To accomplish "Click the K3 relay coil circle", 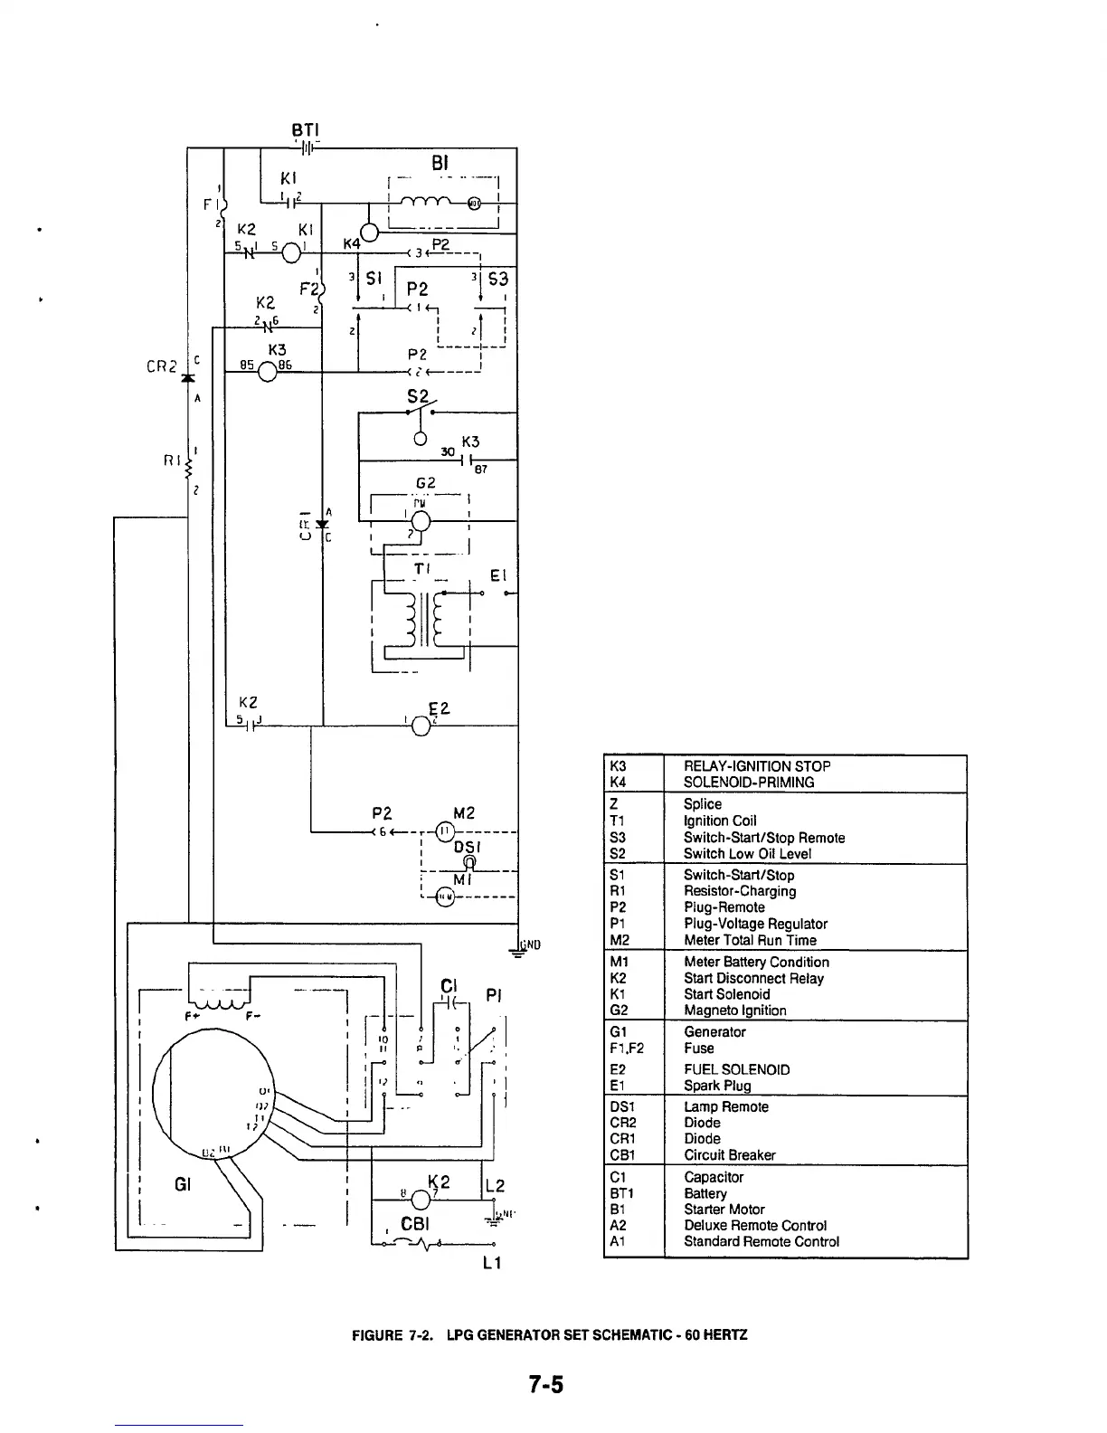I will coord(268,372).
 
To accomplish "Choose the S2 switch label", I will coord(418,395).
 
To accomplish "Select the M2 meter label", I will coord(464,812).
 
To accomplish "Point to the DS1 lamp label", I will coord(466,847).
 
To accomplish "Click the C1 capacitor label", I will coord(450,985).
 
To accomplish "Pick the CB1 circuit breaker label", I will coord(414,1224).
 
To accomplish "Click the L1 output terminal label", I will coord(492,1263).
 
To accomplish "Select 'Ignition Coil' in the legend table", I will coord(720,821).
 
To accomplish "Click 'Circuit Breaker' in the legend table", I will coord(729,1155).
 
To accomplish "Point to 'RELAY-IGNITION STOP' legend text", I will coord(757,766).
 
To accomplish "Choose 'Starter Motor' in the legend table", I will coord(724,1210).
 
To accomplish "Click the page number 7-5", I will coord(546,1384).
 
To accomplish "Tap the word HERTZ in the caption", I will coord(726,1335).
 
